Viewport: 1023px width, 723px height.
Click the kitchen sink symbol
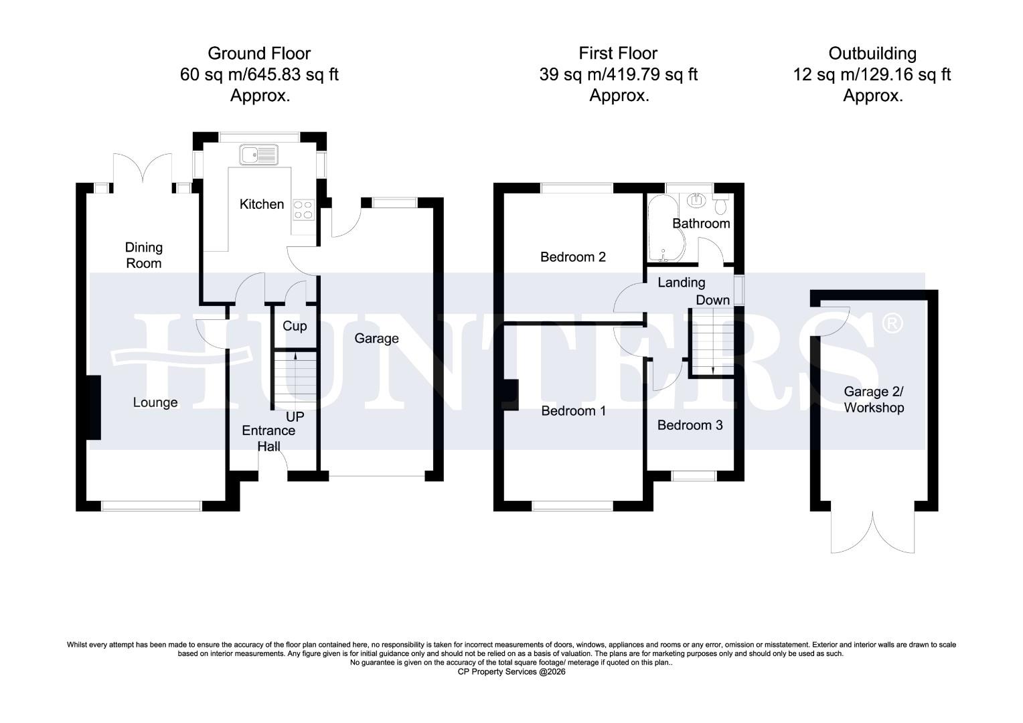[x=258, y=155]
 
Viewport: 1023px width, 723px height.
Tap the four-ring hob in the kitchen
[x=303, y=210]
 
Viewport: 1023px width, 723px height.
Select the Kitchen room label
[x=262, y=204]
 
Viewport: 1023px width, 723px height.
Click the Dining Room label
[x=144, y=255]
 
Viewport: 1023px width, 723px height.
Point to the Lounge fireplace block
[x=93, y=407]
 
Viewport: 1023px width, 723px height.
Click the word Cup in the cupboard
[x=295, y=326]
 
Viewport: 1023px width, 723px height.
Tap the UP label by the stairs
[x=295, y=416]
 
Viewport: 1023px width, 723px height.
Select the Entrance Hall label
[x=268, y=438]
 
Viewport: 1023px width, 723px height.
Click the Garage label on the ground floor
[x=376, y=339]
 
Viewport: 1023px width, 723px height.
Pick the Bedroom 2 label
[x=573, y=257]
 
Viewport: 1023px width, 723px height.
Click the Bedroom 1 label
[x=573, y=411]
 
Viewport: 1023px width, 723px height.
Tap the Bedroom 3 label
[x=690, y=425]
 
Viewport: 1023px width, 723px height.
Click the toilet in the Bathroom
[x=721, y=201]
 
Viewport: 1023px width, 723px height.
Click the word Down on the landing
[x=712, y=300]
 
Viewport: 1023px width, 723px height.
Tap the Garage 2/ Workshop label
[x=874, y=400]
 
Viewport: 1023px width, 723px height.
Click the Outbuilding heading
[x=872, y=54]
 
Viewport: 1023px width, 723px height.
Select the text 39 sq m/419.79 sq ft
[x=618, y=74]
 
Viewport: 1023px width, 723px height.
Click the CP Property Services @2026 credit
[x=511, y=671]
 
